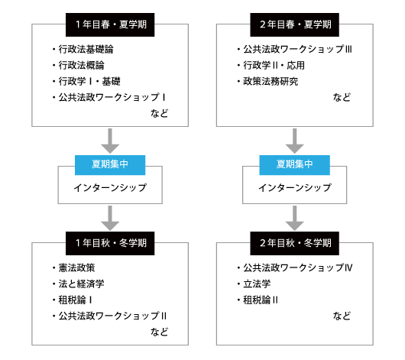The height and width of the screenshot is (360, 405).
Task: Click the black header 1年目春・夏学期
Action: pyautogui.click(x=110, y=24)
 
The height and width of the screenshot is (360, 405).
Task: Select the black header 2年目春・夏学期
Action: pyautogui.click(x=294, y=24)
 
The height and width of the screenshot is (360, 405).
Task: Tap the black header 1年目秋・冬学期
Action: pyautogui.click(x=110, y=243)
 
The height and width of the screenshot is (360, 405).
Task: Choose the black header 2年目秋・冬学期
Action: pyautogui.click(x=294, y=243)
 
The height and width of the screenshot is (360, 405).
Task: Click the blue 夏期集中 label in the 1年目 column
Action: pyautogui.click(x=110, y=165)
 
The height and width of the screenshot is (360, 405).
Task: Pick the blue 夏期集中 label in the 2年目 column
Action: pyautogui.click(x=294, y=165)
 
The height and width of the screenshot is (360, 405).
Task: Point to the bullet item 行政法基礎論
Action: pyautogui.click(x=83, y=49)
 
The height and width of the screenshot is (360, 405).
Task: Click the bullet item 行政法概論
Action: pyautogui.click(x=78, y=65)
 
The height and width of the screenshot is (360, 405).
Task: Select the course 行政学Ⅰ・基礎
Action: pyautogui.click(x=86, y=81)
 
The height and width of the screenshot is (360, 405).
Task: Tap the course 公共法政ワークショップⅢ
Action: pyautogui.click(x=294, y=49)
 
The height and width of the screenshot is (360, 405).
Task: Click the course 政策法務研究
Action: pyautogui.click(x=267, y=81)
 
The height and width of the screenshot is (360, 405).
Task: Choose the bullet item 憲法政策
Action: pyautogui.click(x=73, y=268)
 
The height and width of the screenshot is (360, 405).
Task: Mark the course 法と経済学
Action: pyautogui.click(x=78, y=284)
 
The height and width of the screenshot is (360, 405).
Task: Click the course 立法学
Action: pyautogui.click(x=254, y=284)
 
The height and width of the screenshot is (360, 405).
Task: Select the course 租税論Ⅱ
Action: pyautogui.click(x=258, y=300)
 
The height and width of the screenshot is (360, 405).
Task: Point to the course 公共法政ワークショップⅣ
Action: pyautogui.click(x=295, y=268)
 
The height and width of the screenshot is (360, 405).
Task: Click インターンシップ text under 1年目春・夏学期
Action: pyautogui.click(x=110, y=187)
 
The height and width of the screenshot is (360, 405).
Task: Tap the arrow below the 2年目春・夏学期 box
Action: pyautogui.click(x=294, y=141)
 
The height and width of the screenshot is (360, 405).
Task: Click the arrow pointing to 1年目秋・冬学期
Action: pyautogui.click(x=110, y=218)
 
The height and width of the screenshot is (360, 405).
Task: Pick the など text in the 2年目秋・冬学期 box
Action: pyautogui.click(x=342, y=316)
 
